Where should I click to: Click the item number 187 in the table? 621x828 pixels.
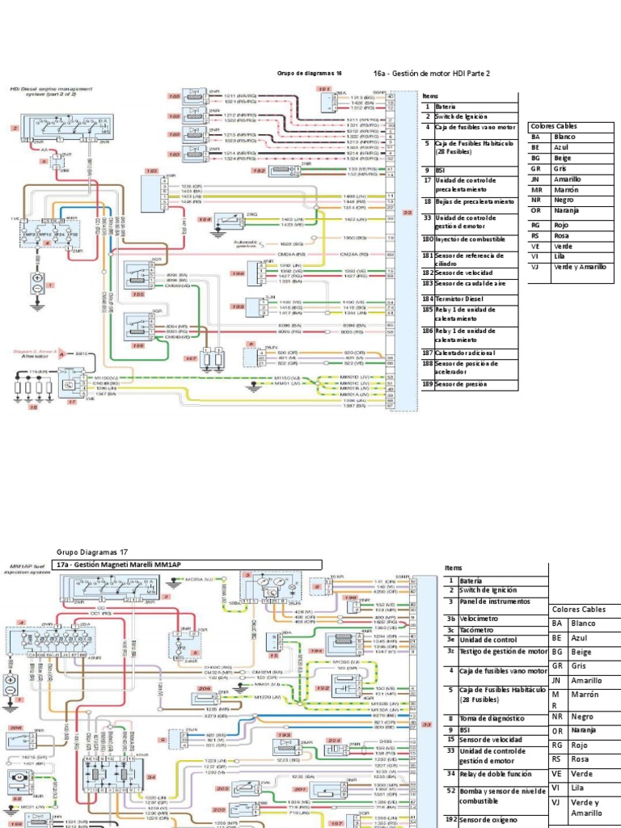427,353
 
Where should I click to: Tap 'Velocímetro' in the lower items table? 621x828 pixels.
479,617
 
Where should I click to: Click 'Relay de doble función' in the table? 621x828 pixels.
496,773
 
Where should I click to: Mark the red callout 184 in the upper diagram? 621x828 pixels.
205,219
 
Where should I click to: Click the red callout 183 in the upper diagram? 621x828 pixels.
150,171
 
